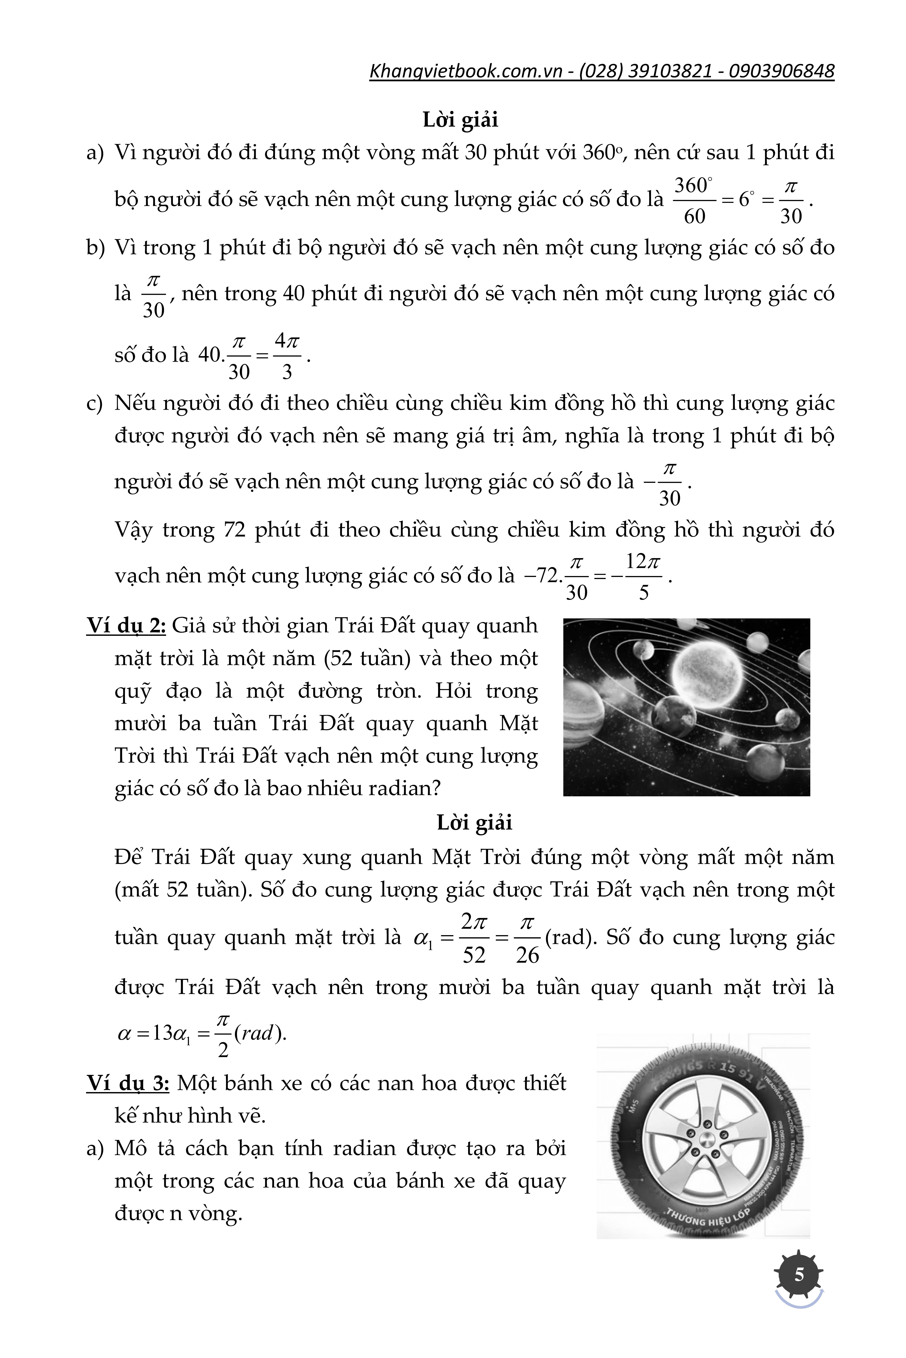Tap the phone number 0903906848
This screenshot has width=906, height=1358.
pos(781,71)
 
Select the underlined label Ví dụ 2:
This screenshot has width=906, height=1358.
pos(126,625)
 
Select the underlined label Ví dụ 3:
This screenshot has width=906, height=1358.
pos(127,1083)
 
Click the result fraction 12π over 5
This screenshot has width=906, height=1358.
pos(644,577)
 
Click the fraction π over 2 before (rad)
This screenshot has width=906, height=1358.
pos(223,1034)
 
